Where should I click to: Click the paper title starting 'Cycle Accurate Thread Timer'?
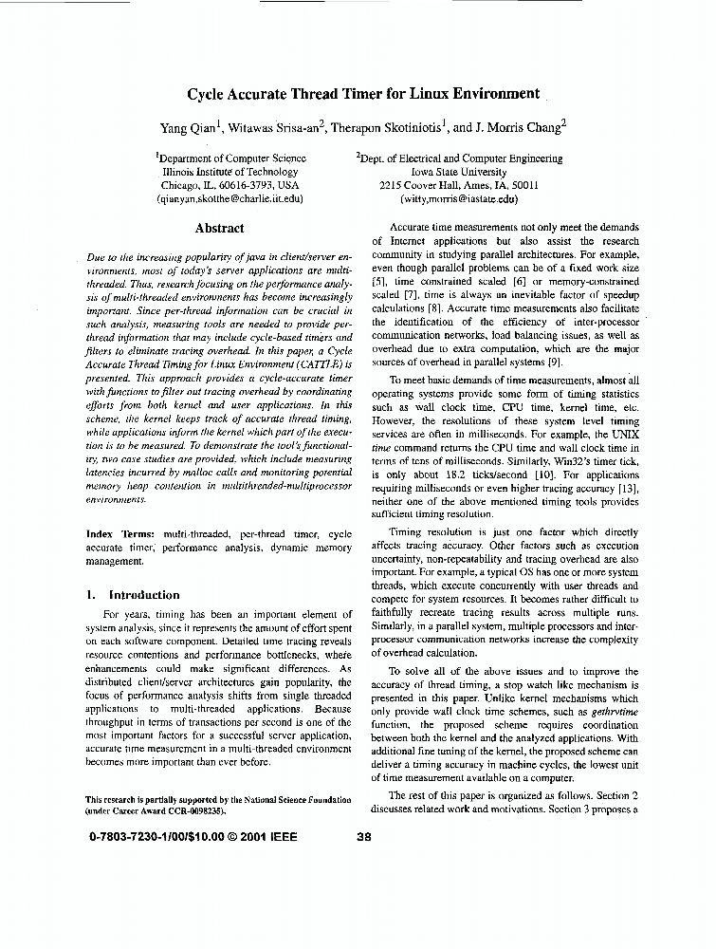coord(363,95)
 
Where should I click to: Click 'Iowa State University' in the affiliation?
coord(459,172)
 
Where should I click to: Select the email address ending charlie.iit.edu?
coord(229,199)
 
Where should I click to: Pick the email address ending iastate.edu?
coord(459,199)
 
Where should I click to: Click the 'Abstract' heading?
coord(219,229)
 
